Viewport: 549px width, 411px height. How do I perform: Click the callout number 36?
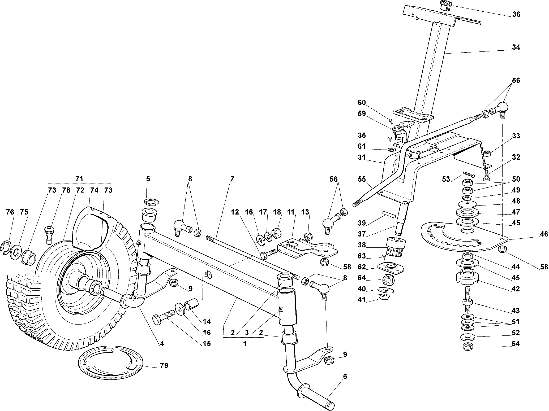click(x=516, y=14)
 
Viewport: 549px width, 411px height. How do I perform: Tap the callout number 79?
click(x=164, y=366)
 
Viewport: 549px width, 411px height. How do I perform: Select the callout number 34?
click(x=516, y=47)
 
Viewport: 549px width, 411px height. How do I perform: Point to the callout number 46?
click(x=544, y=234)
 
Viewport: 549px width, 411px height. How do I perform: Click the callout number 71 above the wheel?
click(x=79, y=179)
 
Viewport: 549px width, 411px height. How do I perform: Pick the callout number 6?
click(x=345, y=377)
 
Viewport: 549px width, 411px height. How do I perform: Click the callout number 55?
click(x=362, y=179)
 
